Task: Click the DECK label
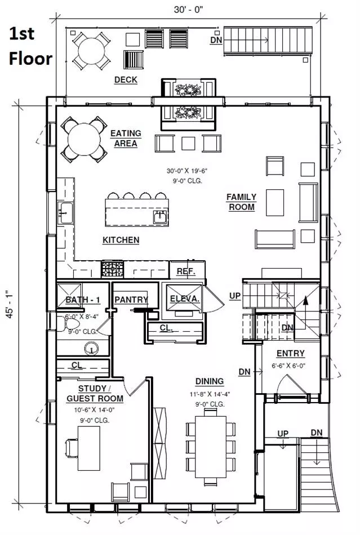[126, 80]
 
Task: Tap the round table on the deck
[91, 51]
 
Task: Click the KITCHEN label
[121, 240]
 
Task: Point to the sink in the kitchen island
[160, 217]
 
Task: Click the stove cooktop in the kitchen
[112, 269]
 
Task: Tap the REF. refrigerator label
[186, 271]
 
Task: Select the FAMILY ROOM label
[242, 202]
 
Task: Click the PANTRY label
[131, 300]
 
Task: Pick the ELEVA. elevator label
[185, 299]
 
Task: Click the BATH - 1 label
[83, 300]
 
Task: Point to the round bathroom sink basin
[91, 349]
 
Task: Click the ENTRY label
[290, 354]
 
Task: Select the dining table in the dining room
[211, 447]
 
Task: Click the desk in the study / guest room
[88, 448]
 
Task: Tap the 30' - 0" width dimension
[188, 10]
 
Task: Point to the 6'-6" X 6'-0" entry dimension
[288, 365]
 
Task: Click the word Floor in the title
[31, 59]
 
